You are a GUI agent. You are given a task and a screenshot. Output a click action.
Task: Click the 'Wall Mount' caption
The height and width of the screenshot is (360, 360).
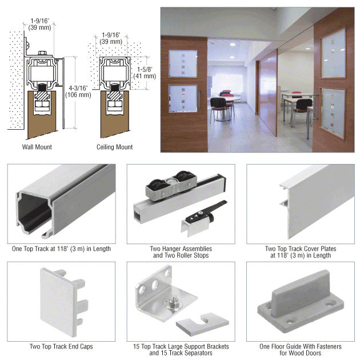pyautogui.click(x=37, y=147)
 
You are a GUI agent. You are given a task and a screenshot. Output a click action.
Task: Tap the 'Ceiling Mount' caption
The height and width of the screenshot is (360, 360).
pyautogui.click(x=114, y=147)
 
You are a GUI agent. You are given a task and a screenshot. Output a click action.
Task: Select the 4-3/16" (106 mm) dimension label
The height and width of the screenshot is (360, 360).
pyautogui.click(x=78, y=91)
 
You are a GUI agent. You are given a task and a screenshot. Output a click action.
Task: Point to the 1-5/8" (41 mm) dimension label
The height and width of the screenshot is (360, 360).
pyautogui.click(x=145, y=73)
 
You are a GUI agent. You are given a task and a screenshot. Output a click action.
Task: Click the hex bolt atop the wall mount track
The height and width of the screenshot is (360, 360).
pyautogui.click(x=42, y=53)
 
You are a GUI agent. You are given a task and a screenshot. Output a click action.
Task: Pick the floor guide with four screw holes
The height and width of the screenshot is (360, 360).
pyautogui.click(x=301, y=302)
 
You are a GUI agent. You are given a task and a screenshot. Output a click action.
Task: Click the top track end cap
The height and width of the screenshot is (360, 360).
pyautogui.click(x=63, y=302)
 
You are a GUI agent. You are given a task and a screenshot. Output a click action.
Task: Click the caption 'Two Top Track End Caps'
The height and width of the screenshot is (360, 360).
pyautogui.click(x=61, y=346)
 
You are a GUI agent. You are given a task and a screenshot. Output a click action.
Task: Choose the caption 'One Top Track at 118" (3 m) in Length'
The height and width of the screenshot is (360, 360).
pyautogui.click(x=61, y=249)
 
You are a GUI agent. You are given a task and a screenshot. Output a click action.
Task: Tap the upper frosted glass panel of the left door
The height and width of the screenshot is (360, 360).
pyautogui.click(x=183, y=64)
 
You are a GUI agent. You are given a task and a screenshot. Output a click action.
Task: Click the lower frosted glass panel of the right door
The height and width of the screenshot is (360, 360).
pyautogui.click(x=333, y=113)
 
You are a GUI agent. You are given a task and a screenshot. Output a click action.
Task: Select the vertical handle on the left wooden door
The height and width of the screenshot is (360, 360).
pyautogui.click(x=199, y=99)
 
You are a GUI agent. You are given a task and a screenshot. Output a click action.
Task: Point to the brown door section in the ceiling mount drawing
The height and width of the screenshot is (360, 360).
pyautogui.click(x=114, y=115)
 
